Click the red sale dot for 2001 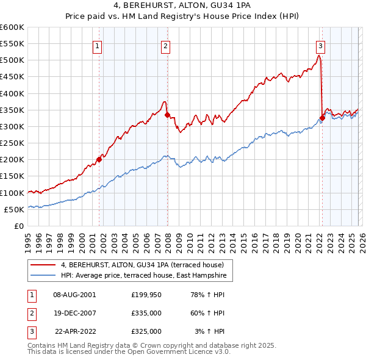click(99, 160)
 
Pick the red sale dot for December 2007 click(167, 115)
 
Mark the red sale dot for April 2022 click(321, 118)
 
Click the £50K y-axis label click(14, 209)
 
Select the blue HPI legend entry click(143, 276)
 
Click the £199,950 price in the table click(146, 294)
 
